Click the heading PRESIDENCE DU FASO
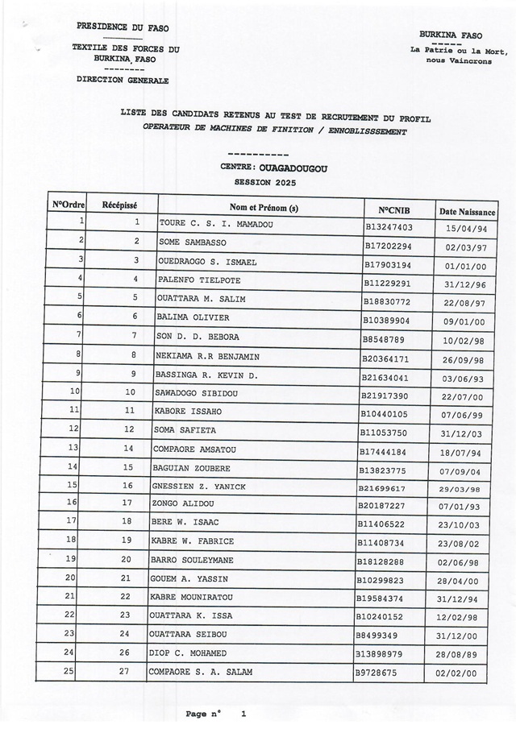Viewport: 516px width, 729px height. pos(123,27)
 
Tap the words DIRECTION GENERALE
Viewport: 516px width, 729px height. pos(123,81)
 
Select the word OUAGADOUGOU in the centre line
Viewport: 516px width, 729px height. pos(289,168)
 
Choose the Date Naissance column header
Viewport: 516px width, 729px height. pos(468,211)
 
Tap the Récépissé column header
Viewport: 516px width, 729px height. pos(120,205)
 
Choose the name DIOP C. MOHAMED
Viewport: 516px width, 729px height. pos(188,652)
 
